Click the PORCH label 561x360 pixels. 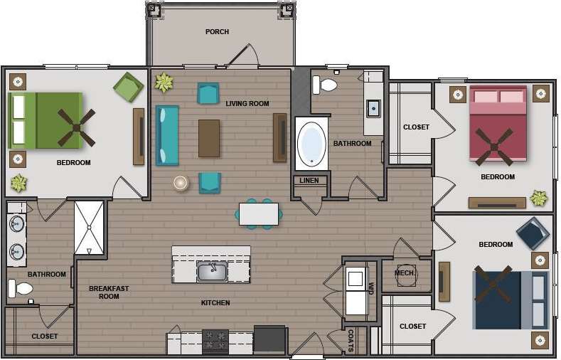[x=217, y=32]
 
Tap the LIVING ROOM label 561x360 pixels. [x=247, y=104]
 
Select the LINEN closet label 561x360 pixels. [x=309, y=181]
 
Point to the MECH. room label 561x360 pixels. [x=405, y=272]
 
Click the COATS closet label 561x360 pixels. [x=351, y=340]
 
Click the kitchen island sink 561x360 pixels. [x=212, y=271]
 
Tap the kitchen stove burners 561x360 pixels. [x=215, y=342]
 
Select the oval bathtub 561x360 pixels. [x=311, y=144]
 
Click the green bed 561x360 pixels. [x=53, y=120]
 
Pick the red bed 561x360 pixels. [x=498, y=123]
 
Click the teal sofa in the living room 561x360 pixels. [x=167, y=135]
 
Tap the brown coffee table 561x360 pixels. [x=209, y=138]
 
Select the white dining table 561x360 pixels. [x=258, y=214]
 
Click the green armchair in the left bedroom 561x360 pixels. [x=128, y=88]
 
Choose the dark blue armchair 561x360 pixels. [x=533, y=233]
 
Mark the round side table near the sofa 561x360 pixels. [x=181, y=183]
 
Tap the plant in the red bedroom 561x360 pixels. [x=539, y=198]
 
